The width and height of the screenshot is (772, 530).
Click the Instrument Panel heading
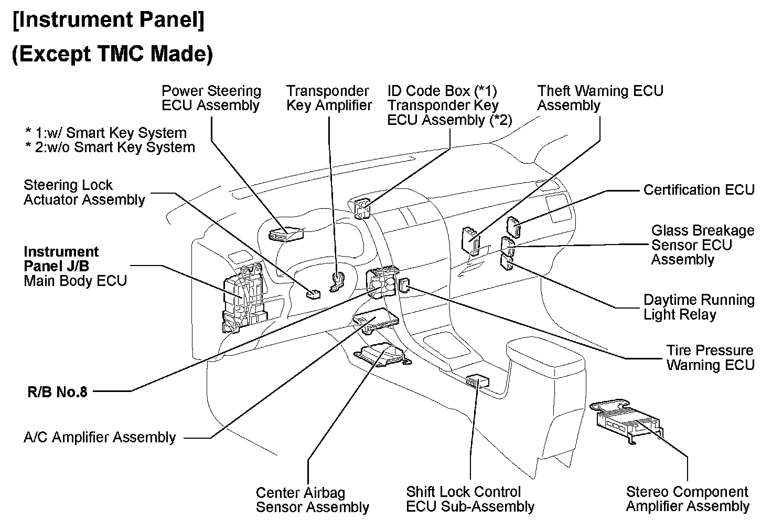[x=109, y=20]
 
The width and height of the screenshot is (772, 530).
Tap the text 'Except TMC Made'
[x=112, y=54]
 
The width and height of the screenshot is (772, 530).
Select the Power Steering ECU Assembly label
[x=211, y=98]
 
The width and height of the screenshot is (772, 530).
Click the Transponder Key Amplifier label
[x=329, y=98]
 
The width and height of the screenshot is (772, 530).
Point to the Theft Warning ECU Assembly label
[x=600, y=98]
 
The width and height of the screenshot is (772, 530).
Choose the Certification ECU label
[x=699, y=190]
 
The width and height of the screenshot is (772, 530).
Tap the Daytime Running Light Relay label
[x=699, y=307]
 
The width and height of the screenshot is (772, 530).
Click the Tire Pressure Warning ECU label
[x=710, y=357]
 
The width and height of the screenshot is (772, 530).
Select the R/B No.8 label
[x=58, y=392]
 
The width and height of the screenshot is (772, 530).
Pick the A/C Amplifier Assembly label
[x=100, y=438]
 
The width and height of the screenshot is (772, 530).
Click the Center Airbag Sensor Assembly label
[x=312, y=500]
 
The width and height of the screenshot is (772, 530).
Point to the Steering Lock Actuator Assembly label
[x=84, y=193]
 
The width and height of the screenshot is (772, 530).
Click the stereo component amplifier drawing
[x=627, y=421]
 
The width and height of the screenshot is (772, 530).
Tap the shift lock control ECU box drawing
[x=477, y=380]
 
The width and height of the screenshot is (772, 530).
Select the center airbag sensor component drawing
[x=382, y=355]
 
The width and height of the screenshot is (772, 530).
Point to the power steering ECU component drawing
[x=286, y=234]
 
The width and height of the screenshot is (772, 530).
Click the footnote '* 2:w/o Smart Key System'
[x=110, y=147]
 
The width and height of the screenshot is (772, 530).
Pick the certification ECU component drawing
[x=513, y=227]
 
